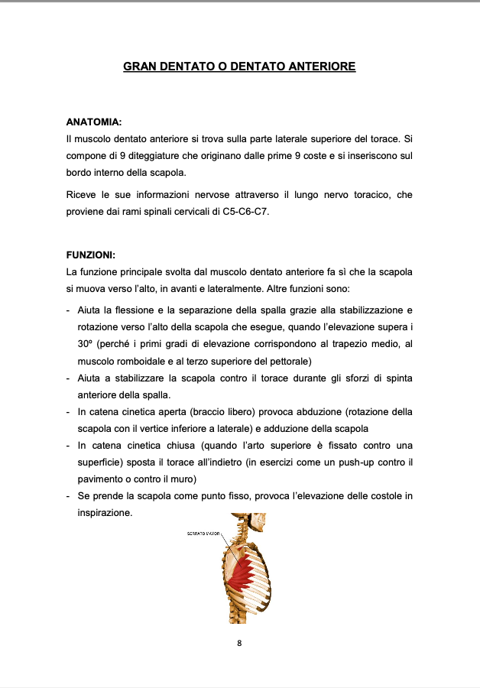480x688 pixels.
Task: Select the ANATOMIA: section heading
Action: (94, 122)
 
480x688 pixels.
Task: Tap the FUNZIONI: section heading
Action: (91, 256)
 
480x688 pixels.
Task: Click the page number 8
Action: (239, 643)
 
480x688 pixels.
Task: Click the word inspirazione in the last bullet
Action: (105, 513)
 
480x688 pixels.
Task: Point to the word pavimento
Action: (102, 479)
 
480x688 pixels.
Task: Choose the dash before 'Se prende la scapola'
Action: (70, 496)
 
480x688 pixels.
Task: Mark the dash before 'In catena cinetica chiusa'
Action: (70, 445)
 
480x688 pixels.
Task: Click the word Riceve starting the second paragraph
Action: (81, 195)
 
